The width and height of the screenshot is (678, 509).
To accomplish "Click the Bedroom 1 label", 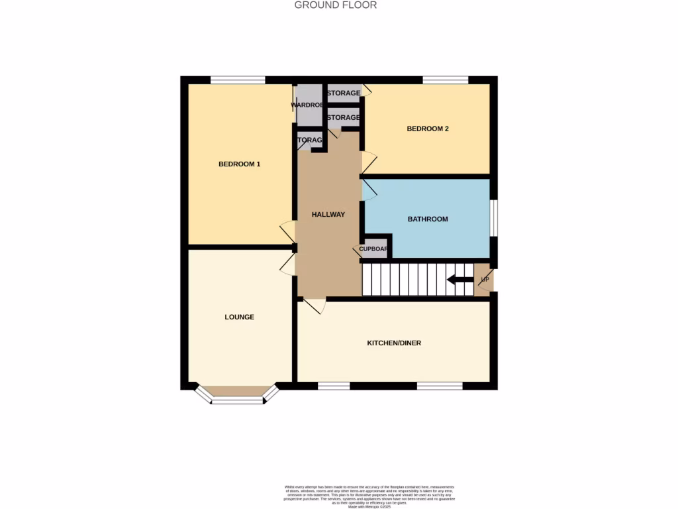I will [x=239, y=164].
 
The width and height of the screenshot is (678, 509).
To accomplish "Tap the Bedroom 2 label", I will [x=428, y=129].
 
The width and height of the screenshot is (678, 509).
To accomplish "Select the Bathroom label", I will [x=428, y=219].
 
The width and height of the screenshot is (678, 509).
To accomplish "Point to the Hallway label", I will [x=328, y=214].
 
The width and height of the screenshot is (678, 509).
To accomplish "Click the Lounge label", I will [x=239, y=317].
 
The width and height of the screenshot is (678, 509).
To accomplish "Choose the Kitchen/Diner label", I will [x=394, y=343].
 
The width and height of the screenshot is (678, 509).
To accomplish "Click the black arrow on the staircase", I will [x=460, y=279].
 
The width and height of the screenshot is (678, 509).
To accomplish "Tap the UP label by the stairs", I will [x=485, y=279].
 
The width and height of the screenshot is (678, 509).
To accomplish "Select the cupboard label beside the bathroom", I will [x=373, y=249].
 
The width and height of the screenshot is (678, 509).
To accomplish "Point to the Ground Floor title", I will [x=336, y=5].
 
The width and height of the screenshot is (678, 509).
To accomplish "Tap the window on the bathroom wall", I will [x=494, y=217].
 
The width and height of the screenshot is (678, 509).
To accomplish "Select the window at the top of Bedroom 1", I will [x=238, y=80].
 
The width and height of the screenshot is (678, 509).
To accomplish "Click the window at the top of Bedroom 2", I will [x=445, y=80].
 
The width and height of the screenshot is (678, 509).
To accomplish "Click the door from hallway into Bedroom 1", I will [x=288, y=231].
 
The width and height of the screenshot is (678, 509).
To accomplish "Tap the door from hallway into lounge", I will [x=287, y=264].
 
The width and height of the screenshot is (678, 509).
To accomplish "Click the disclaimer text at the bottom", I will [x=369, y=496].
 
